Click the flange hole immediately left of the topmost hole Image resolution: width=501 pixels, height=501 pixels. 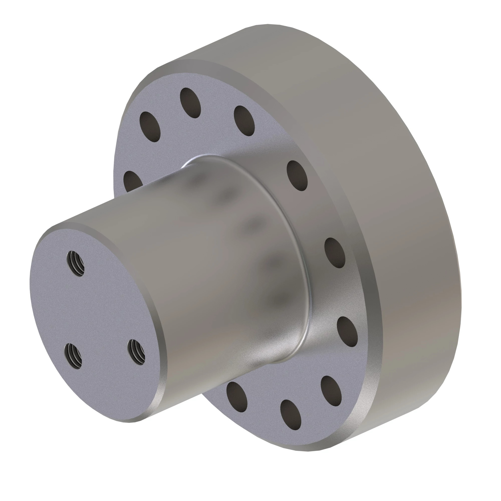coord(150,127)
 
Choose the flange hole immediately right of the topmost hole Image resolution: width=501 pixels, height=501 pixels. coord(244,121)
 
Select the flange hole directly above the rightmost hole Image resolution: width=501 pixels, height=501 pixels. coord(335,253)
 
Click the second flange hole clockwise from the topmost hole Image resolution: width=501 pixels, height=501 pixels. coord(297,176)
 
